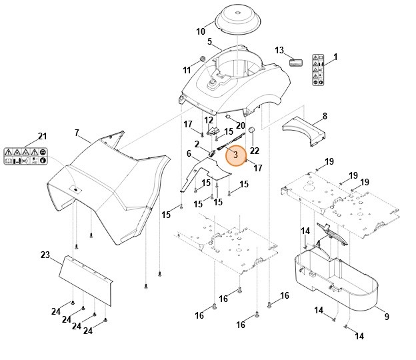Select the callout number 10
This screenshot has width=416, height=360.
pos(201,31)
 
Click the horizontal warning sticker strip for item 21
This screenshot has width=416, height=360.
pos(25,157)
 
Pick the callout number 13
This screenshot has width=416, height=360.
pos(279,51)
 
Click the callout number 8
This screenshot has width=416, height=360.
pos(325,116)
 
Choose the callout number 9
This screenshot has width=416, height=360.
pos(386,317)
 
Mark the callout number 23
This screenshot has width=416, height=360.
pos(45,255)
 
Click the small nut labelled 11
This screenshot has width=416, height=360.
pos(201,61)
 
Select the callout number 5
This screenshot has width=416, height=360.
pos(209,42)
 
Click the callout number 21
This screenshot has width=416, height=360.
pos(43,137)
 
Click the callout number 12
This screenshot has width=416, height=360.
pos(209,120)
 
